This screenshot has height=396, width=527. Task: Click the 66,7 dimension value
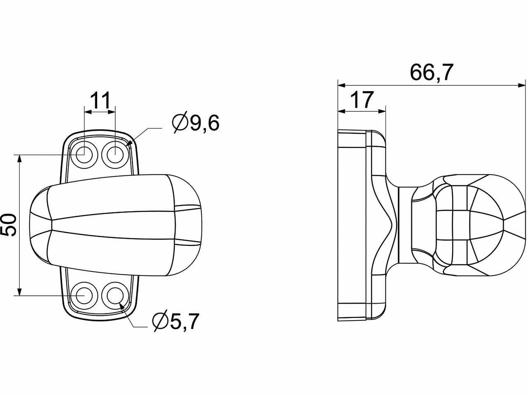431,72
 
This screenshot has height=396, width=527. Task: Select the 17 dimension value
362,99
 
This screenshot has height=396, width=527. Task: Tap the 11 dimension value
100,100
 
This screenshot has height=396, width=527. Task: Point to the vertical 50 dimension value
8,225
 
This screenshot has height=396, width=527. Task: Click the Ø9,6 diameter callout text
196,123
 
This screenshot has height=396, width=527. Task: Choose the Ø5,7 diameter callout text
176,322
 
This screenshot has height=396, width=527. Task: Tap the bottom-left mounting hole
84,295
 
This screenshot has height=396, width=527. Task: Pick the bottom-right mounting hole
115,295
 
